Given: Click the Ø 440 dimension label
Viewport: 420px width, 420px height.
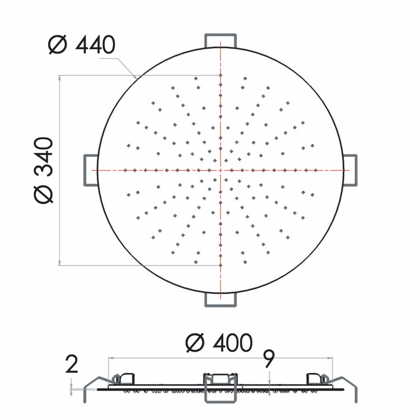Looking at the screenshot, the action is tap(82, 45).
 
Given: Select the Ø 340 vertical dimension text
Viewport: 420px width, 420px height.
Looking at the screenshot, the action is tap(44, 170).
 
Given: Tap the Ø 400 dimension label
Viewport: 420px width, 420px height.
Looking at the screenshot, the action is tap(219, 343).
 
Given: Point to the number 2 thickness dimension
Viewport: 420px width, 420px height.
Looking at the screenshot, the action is tap(71, 364).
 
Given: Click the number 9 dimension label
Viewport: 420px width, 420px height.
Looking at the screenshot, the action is tap(269, 359).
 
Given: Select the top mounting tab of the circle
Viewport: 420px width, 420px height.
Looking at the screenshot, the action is tap(220, 41).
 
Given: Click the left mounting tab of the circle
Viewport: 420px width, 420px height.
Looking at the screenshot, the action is tap(91, 170).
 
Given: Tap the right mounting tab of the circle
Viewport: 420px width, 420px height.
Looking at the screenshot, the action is tap(350, 170).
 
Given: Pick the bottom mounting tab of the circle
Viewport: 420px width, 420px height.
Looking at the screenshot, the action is tap(220, 299).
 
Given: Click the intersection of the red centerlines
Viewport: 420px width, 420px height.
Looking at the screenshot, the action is tap(220, 170).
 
